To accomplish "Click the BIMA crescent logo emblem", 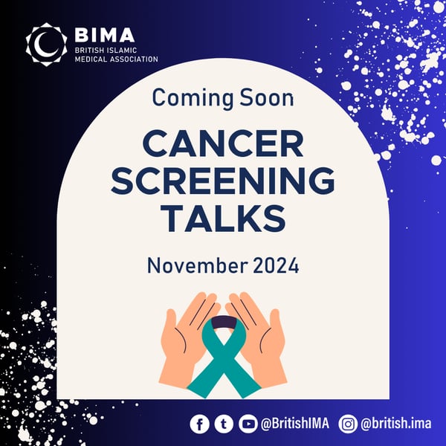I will [46, 44].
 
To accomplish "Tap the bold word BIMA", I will [105, 35].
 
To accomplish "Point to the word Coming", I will [190, 97].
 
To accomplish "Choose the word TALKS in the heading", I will [223, 219].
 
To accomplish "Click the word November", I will [196, 265].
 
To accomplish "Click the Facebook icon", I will [199, 424].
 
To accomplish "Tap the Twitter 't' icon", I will [222, 424].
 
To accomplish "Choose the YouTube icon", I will [245, 424].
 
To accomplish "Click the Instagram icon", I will [348, 424].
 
